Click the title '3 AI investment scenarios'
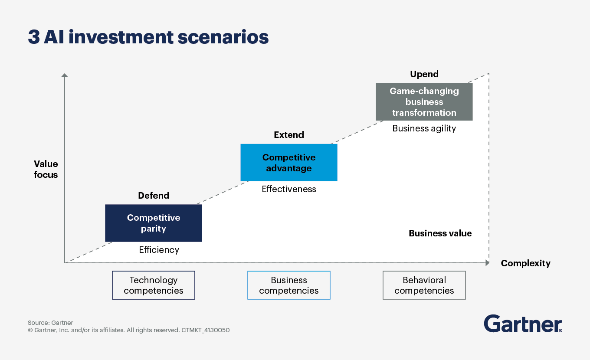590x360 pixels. point(148,37)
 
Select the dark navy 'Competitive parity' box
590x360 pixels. point(154,223)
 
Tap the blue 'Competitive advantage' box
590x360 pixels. point(289,163)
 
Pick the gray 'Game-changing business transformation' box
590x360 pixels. point(424,102)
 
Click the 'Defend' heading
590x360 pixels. point(154,196)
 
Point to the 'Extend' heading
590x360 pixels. point(289,135)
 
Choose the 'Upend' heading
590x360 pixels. point(424,74)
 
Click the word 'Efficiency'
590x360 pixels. point(159,250)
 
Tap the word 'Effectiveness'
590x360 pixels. point(289,189)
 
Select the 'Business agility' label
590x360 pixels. point(424,128)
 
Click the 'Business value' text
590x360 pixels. point(440,233)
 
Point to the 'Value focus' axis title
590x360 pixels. point(46,169)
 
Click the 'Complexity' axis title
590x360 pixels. point(525,263)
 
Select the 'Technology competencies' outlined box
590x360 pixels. point(154,285)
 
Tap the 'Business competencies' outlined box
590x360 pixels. point(289,285)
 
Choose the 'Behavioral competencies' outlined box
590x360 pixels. point(424,285)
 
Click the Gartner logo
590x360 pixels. point(523,324)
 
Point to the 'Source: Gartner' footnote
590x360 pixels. point(50,323)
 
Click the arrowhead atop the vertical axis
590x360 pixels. point(65,75)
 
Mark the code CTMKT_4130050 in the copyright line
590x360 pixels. point(206,330)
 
